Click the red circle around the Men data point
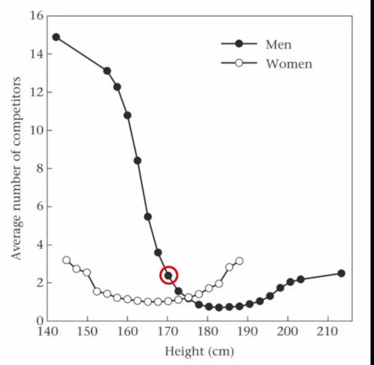[169, 275]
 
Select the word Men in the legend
[278, 45]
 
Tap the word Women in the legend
[289, 64]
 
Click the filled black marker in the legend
[239, 44]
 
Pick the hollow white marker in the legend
[239, 63]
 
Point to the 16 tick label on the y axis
[37, 15]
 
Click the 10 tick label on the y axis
[37, 130]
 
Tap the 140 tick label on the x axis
[47, 331]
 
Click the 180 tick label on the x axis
[207, 331]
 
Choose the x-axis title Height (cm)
[199, 351]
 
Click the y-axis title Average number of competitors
[16, 168]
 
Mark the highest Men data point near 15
[56, 37]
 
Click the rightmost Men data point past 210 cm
[341, 273]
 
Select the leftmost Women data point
[66, 260]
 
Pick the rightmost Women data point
[239, 261]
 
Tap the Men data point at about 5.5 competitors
[148, 217]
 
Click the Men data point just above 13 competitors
[107, 71]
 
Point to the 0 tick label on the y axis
[40, 321]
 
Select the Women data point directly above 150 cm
[87, 272]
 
